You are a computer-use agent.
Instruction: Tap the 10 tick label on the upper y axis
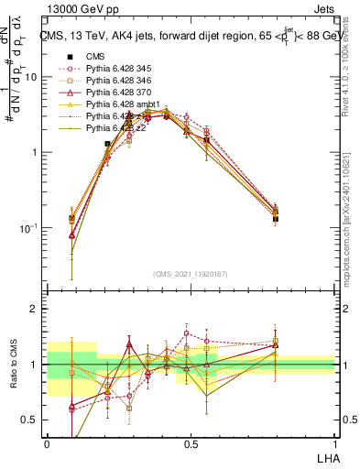[x=30, y=77]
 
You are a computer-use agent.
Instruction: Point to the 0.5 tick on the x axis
[x=191, y=443]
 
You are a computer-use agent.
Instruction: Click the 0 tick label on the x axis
[x=47, y=443]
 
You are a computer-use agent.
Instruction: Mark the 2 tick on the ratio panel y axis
[x=35, y=310]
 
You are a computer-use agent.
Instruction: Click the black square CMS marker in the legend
[x=70, y=56]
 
